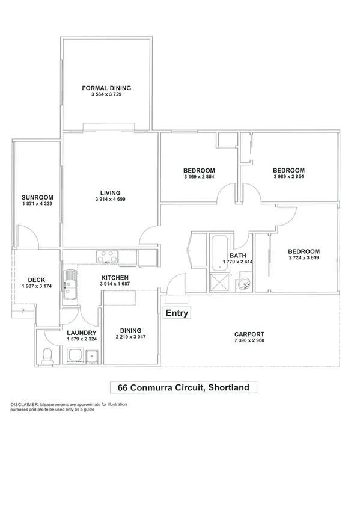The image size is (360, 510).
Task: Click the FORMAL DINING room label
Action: point(106,88)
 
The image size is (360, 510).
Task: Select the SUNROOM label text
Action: point(37,197)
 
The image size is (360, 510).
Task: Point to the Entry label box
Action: point(177,313)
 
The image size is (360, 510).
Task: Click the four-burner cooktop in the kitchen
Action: point(109,257)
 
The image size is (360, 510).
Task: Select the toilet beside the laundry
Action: point(47,357)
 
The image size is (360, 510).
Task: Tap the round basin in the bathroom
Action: point(244,284)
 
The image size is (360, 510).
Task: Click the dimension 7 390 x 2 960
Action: point(249,341)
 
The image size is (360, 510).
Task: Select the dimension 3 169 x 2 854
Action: point(199,177)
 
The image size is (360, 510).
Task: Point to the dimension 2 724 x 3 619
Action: point(303,259)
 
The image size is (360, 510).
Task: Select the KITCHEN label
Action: point(114,277)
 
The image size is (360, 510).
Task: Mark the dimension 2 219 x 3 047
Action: point(130,337)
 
